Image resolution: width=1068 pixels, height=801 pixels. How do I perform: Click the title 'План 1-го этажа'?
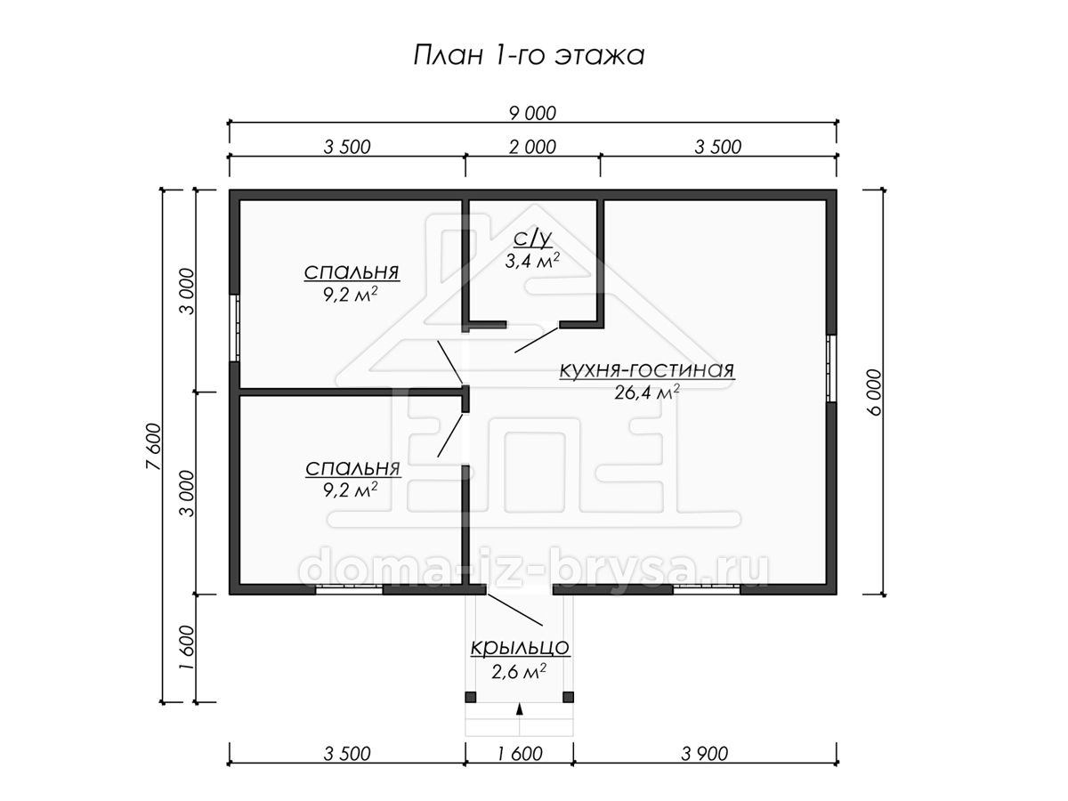[x=529, y=55]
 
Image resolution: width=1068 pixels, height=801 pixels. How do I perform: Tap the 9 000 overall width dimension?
[x=532, y=113]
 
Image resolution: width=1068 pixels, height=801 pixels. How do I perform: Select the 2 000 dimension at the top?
[x=532, y=147]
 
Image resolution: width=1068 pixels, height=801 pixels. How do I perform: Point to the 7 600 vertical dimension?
[x=153, y=446]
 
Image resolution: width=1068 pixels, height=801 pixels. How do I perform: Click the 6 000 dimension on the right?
[x=874, y=392]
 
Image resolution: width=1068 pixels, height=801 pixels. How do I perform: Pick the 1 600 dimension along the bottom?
[x=519, y=754]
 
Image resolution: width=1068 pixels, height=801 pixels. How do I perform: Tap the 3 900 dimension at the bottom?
[x=705, y=754]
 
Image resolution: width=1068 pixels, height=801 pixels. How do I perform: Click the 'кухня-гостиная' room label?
[x=647, y=370]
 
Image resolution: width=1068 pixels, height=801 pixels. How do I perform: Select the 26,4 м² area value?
[x=647, y=392]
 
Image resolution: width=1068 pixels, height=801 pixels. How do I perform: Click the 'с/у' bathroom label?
[x=533, y=239]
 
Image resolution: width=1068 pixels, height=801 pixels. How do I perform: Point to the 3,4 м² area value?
[x=532, y=261]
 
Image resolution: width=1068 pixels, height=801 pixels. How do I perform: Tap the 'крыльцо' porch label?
[x=520, y=647]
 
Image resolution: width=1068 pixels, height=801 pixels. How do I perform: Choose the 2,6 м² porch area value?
[x=519, y=672]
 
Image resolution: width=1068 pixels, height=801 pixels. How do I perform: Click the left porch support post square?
[x=471, y=697]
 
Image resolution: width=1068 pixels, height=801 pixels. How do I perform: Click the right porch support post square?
[x=569, y=697]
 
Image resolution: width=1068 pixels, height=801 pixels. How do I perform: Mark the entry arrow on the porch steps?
[x=520, y=709]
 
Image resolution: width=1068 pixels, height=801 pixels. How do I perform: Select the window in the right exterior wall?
[x=831, y=368]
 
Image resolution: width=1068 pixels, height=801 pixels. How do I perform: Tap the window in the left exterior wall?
[x=235, y=328]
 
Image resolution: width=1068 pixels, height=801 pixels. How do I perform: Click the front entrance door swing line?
[x=515, y=610]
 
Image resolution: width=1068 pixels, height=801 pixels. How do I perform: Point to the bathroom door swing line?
[x=537, y=340]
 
